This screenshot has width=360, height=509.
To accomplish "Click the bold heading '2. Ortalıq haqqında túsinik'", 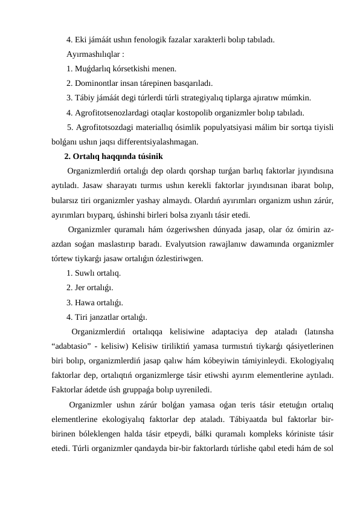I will tap(112, 157).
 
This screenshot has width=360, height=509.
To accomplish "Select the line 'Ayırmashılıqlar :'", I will tap(95, 55).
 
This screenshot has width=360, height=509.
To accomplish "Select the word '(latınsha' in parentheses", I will tap(321, 331).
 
